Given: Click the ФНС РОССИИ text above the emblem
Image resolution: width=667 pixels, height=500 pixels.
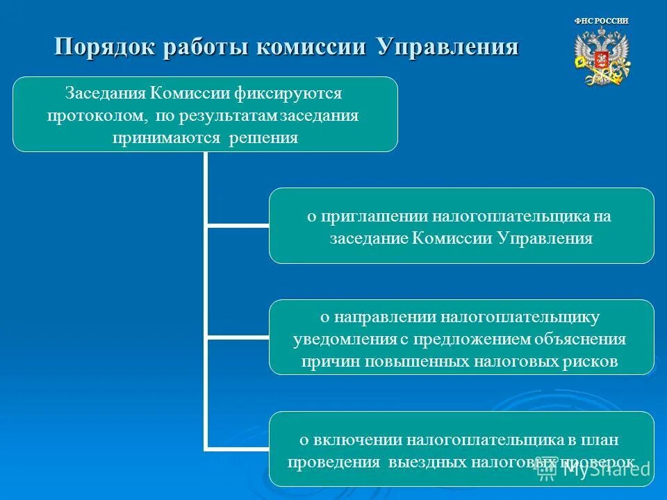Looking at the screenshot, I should (x=602, y=21).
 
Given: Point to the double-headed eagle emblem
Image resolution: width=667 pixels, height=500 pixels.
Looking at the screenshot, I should (x=602, y=60).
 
